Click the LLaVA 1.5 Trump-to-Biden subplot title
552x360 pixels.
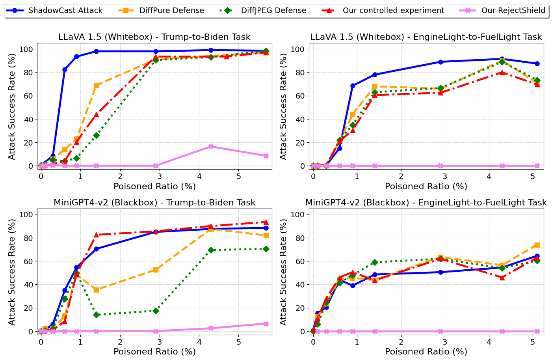154,37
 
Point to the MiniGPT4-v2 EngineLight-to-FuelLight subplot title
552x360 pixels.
426,203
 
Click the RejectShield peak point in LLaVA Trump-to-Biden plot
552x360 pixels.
211,146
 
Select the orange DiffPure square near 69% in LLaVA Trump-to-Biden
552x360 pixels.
96,85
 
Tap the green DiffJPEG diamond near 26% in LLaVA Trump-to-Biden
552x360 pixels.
96,135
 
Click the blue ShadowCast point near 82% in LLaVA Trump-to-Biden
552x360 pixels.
65,69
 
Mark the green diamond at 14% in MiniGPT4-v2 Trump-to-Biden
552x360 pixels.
96,315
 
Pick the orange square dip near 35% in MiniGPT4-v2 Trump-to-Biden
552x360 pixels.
96,290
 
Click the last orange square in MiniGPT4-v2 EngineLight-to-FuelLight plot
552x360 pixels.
537,245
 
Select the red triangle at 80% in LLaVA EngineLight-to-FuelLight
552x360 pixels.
502,72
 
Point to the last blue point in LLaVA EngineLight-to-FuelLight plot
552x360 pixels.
537,63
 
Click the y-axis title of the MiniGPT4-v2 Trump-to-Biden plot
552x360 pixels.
12,272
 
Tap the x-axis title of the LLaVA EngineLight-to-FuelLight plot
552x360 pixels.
426,187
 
